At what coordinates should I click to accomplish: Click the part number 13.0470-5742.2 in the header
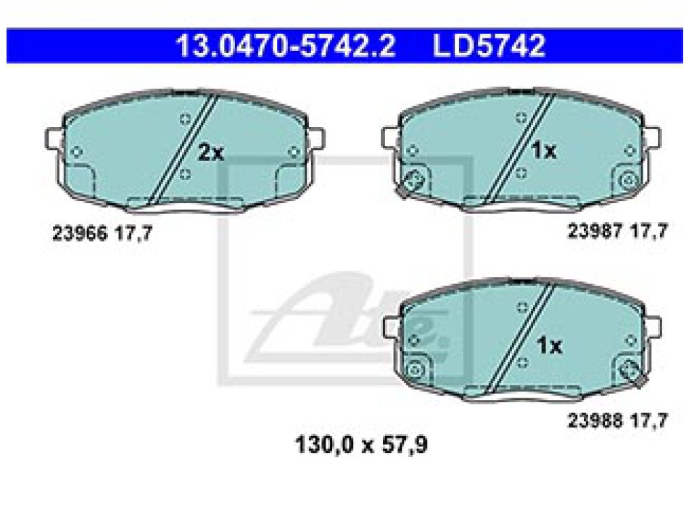click(286, 46)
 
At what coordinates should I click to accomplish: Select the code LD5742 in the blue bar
click(489, 46)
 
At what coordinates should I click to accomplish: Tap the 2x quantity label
click(211, 152)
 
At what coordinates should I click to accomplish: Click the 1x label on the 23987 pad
click(544, 150)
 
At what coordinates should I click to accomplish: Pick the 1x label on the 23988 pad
click(549, 345)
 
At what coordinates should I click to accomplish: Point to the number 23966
click(80, 233)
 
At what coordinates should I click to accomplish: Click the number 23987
click(595, 231)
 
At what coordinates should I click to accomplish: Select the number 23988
click(595, 420)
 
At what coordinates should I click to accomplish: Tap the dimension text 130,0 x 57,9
click(361, 444)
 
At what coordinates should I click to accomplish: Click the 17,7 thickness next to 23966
click(133, 233)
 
